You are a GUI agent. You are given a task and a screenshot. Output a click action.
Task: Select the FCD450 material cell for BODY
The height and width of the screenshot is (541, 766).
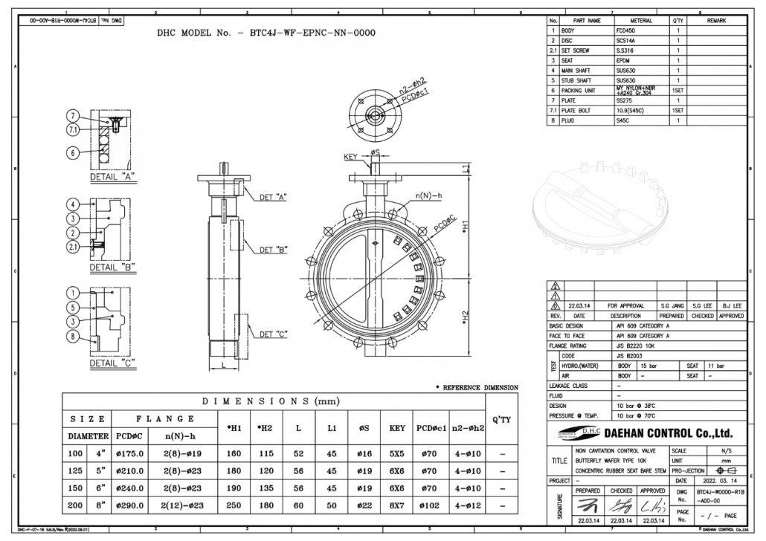coord(629,30)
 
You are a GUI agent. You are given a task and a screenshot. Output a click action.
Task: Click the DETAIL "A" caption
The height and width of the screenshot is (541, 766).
coord(112,178)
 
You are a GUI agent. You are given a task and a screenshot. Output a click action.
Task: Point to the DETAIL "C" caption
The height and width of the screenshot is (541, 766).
coord(112,363)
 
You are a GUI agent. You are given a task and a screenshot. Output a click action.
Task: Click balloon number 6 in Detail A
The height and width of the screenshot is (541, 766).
coord(73,153)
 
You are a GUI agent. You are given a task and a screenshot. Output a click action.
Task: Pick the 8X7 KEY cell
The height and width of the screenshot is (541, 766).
coord(397,505)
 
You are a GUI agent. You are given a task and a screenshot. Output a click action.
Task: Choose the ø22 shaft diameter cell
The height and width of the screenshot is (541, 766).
coord(364,505)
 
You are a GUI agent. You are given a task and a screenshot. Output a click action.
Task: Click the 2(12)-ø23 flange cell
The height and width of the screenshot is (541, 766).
coord(182,505)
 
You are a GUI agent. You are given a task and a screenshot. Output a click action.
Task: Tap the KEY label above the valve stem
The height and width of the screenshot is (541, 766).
coord(351,157)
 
